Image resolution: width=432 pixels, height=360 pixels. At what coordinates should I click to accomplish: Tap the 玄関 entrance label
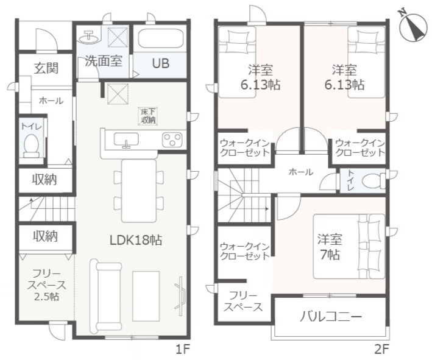coord(46,68)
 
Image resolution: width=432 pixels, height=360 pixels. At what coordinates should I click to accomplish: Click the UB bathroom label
coord(160,63)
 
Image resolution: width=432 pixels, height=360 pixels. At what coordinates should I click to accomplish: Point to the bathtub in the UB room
coord(160,40)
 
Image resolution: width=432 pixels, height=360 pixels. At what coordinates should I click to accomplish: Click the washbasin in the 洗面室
coord(90,36)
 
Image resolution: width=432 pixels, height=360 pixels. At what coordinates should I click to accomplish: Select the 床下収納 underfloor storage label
coord(149,116)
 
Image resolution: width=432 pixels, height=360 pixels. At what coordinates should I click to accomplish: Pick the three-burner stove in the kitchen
coord(172,139)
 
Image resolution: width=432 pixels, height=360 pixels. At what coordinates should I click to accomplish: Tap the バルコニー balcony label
coord(330,316)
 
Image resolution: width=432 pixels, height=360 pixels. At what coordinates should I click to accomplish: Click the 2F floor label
coord(381,349)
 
